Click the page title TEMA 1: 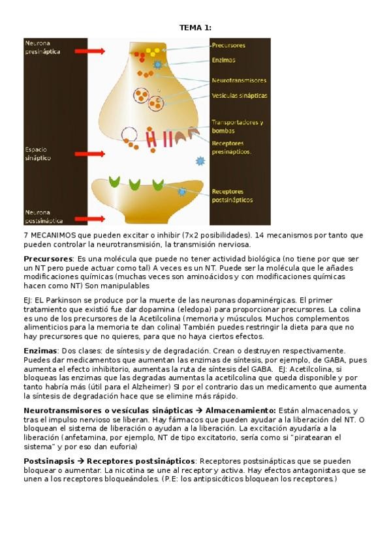tap(195, 27)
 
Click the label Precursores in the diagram tap(228, 46)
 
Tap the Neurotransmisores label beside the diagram tap(239, 81)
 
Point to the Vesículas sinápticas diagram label tap(240, 96)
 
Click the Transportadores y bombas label tap(237, 127)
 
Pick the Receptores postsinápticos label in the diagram tap(232, 196)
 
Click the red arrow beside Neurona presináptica tap(90, 51)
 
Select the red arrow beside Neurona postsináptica tap(90, 218)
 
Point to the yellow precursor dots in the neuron tap(151, 51)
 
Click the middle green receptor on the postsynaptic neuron tap(135, 184)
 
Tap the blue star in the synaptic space tap(200, 160)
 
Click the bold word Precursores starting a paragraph tap(48, 259)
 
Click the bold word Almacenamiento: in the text tap(241, 411)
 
